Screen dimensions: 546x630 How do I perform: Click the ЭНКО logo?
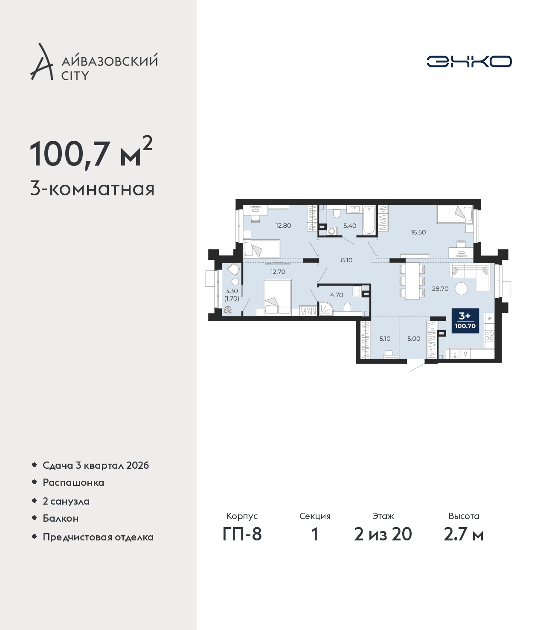coord(469,61)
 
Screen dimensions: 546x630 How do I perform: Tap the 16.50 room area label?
coord(418,232)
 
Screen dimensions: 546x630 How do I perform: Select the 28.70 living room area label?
coord(440,289)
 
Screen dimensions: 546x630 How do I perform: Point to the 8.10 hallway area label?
coord(347,260)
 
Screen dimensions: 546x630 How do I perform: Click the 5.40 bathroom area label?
coord(350,226)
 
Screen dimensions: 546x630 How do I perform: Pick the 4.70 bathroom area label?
coord(337,295)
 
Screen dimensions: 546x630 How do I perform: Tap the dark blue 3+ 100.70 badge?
coord(465,321)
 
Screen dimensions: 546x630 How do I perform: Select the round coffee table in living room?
coord(461,288)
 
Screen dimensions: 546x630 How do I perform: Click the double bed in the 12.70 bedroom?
coord(278,297)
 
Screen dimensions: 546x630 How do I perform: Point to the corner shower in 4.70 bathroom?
coord(326,308)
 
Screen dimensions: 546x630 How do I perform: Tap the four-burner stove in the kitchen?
coord(489,336)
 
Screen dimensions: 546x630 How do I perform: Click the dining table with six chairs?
coord(412,282)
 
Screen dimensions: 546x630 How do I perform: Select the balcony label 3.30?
coord(232,291)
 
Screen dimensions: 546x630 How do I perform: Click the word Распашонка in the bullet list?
coord(73,482)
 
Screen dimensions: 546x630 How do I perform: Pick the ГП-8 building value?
coord(242,534)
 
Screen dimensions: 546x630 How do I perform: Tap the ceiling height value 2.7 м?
coord(464,534)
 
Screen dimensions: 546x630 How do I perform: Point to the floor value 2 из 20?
coord(383,534)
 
